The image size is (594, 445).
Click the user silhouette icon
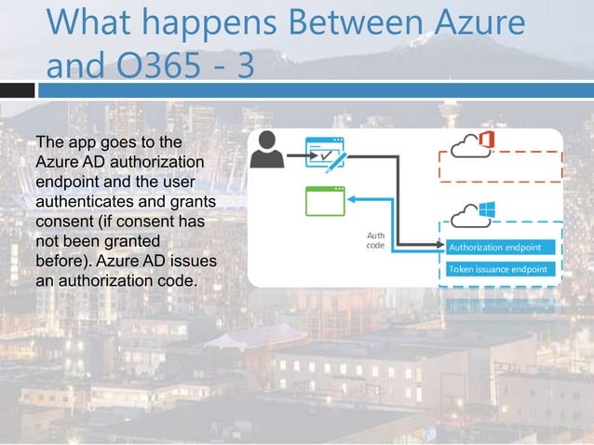(269, 151)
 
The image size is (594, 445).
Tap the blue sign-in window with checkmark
(325, 153)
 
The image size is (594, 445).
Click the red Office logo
(485, 142)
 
